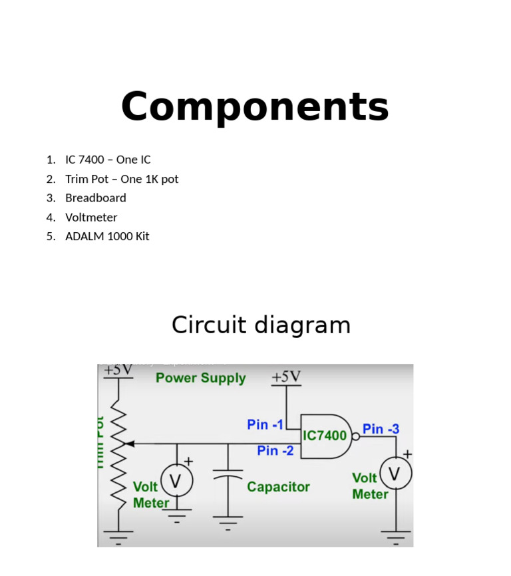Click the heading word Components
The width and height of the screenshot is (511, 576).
[x=255, y=107]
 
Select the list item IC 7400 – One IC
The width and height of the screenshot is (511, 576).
[x=108, y=160]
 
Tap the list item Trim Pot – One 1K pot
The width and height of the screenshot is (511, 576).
[x=122, y=179]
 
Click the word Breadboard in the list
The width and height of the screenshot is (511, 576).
[x=95, y=198]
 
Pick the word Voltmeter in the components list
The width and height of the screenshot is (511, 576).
[x=91, y=217]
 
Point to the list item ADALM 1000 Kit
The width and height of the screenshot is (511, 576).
[x=107, y=236]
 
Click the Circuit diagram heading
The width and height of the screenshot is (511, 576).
[x=261, y=325]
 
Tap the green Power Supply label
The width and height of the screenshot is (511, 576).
[x=200, y=378]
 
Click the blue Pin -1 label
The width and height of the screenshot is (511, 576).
[x=265, y=424]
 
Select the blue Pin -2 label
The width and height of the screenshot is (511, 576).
[x=275, y=451]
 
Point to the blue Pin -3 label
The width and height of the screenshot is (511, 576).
[x=381, y=429]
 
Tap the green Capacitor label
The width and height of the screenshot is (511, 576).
[x=278, y=487]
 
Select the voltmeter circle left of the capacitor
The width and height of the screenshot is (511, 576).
[x=176, y=480]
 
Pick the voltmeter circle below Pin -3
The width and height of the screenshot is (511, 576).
[x=396, y=474]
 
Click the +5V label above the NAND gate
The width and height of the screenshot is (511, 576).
[x=286, y=377]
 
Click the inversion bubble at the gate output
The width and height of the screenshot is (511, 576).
[x=356, y=436]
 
